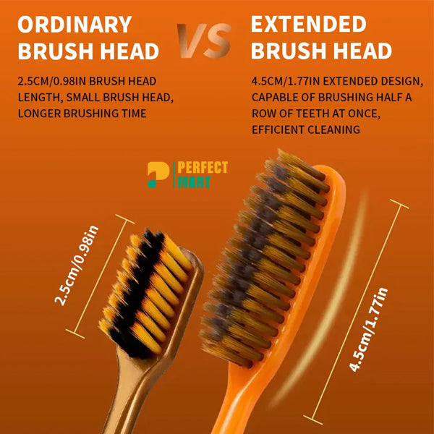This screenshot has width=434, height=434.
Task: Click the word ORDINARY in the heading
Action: pos(74,24)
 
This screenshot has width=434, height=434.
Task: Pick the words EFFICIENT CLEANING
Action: pos(306,130)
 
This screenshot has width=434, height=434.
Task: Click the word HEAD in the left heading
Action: pos(127,51)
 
